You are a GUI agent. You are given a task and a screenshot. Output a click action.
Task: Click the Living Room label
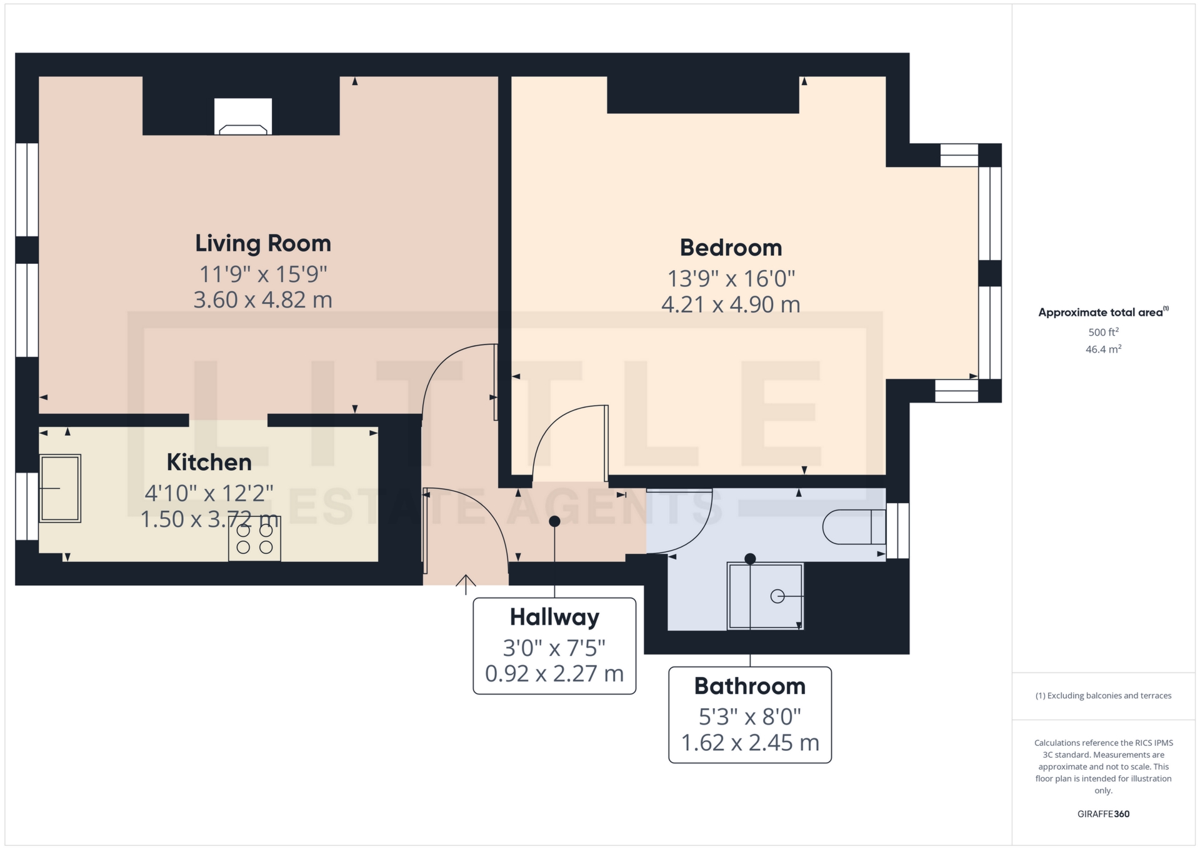(263, 244)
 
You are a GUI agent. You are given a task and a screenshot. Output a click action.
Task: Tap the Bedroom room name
(731, 248)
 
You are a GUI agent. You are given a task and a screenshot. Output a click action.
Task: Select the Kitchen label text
(209, 463)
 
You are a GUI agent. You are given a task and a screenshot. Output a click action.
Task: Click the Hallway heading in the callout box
(554, 617)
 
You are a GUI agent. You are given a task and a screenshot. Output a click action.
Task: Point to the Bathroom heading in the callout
(750, 686)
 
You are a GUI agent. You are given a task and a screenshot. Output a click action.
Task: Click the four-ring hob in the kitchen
(254, 538)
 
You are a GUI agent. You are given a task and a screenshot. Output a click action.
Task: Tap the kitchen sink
(60, 488)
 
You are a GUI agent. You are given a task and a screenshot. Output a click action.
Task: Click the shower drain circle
(777, 596)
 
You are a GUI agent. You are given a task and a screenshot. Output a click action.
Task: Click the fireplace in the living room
(243, 117)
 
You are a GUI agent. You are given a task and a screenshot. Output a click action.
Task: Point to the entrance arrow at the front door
(466, 584)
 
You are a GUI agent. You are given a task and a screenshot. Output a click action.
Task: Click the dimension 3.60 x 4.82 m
(262, 300)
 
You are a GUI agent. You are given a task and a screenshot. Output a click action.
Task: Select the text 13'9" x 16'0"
(731, 278)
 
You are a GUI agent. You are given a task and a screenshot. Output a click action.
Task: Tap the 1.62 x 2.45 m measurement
(750, 743)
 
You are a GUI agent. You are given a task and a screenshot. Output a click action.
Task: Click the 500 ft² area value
(1104, 332)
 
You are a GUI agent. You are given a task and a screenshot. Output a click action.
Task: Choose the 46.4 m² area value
(1104, 349)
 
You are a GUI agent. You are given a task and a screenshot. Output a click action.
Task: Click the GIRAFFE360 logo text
(1104, 814)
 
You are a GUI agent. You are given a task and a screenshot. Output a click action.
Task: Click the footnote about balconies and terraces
(1104, 696)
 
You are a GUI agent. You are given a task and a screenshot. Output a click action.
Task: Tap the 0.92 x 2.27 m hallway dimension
(554, 674)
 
